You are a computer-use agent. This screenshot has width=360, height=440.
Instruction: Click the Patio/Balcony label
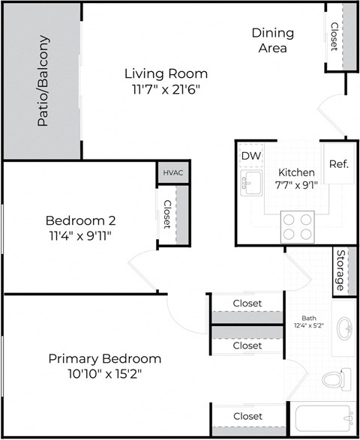(43, 80)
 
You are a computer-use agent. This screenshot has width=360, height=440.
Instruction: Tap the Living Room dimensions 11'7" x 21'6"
(166, 88)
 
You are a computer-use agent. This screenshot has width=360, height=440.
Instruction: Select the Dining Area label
(272, 40)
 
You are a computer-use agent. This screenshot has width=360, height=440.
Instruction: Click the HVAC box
(172, 172)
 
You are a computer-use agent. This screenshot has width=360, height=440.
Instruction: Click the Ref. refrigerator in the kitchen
(338, 163)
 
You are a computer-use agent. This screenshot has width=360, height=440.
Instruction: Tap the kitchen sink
(250, 182)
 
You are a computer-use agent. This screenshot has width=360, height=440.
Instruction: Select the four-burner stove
(297, 226)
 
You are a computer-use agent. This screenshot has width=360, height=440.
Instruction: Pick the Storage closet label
(340, 271)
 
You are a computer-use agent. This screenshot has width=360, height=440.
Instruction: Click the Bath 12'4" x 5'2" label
(308, 322)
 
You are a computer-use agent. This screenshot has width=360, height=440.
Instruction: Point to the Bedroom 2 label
(80, 221)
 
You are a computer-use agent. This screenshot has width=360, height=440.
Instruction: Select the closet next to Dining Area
(334, 36)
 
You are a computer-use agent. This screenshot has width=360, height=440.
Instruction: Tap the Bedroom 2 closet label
(166, 214)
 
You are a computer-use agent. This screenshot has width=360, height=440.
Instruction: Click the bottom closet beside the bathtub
(247, 416)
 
